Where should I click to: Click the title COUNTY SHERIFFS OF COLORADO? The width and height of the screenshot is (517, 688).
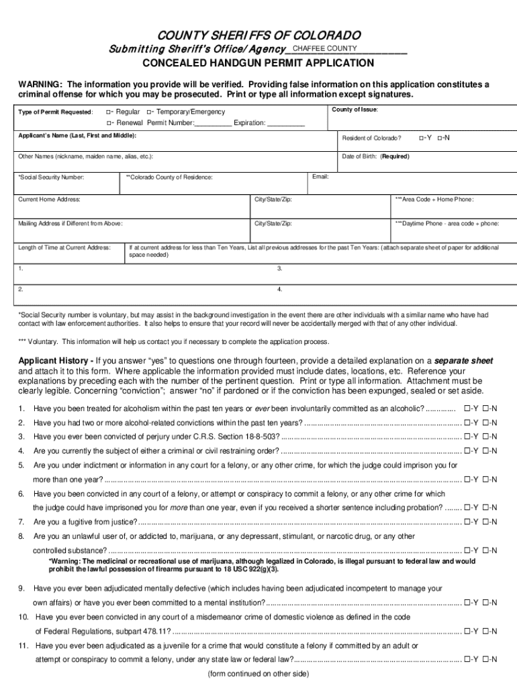[x=258, y=35]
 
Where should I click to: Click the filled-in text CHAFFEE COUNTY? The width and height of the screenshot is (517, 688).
[x=325, y=48]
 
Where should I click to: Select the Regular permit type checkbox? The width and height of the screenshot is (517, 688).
[x=109, y=111]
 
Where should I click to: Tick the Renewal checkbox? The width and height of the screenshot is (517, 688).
[x=109, y=123]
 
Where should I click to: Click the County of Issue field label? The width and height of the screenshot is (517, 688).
[x=355, y=110]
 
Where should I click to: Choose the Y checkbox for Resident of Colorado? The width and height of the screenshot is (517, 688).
[x=420, y=138]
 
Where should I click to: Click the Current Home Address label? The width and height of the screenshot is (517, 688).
[x=50, y=200]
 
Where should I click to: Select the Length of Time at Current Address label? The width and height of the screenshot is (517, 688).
[x=64, y=248]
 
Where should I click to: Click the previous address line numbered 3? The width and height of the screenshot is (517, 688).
[x=279, y=268]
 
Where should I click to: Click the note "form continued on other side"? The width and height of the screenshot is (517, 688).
[x=258, y=673]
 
